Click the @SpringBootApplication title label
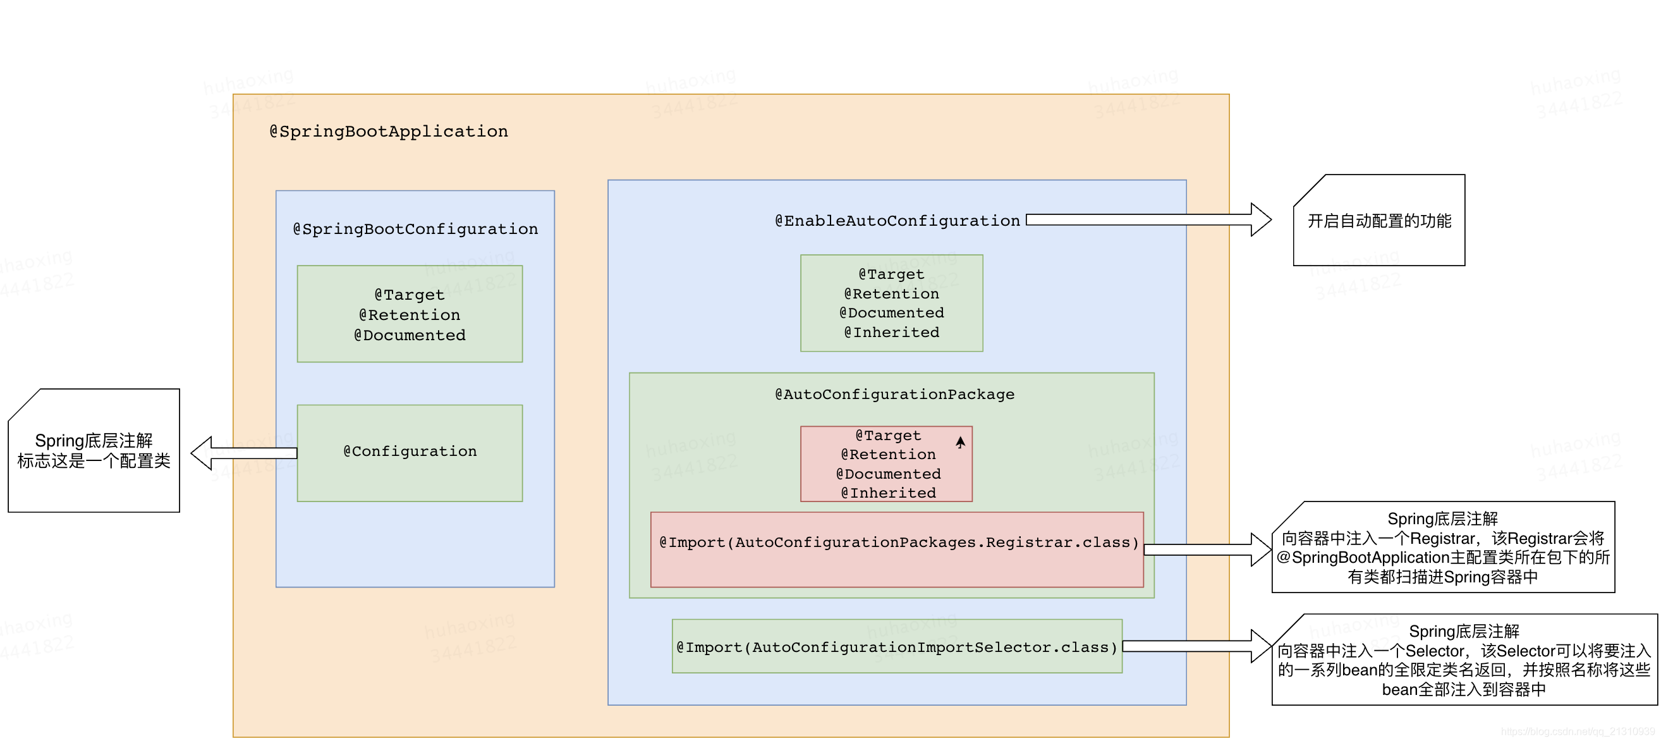tap(388, 132)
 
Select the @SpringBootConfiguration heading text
tap(415, 229)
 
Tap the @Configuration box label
tap(410, 451)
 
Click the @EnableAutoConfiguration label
tap(897, 221)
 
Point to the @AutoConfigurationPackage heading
tap(894, 394)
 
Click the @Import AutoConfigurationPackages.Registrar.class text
tap(898, 543)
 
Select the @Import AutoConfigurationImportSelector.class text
tap(896, 647)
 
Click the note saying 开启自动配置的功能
tap(1379, 221)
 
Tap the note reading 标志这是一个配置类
tap(94, 460)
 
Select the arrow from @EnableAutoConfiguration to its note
tap(1148, 220)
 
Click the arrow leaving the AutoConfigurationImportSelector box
tap(1196, 646)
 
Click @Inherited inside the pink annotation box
tap(888, 493)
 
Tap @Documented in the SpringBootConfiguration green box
tap(410, 335)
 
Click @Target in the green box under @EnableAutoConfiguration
tap(891, 274)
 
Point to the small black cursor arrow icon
tap(960, 442)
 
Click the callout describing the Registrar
tap(1443, 548)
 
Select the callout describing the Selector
tap(1464, 660)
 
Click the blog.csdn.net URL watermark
tap(1577, 732)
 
